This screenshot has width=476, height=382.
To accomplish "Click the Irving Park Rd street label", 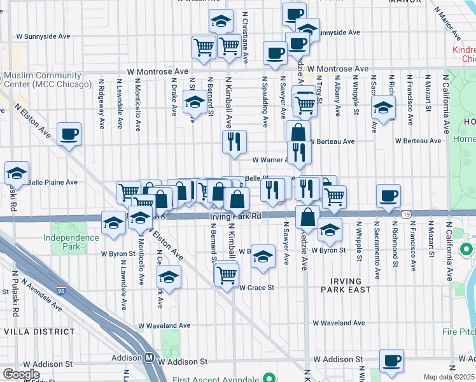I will tap(235, 216).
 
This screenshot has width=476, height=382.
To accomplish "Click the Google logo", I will tap(22, 374).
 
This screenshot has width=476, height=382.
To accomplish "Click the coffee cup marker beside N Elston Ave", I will tap(69, 134).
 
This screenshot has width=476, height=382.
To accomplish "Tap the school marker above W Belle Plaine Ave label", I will tap(17, 173).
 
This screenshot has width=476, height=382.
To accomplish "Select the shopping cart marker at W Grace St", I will tap(227, 275).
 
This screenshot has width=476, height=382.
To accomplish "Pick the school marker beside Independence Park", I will tap(114, 223).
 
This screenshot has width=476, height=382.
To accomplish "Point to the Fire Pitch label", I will tap(459, 332).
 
